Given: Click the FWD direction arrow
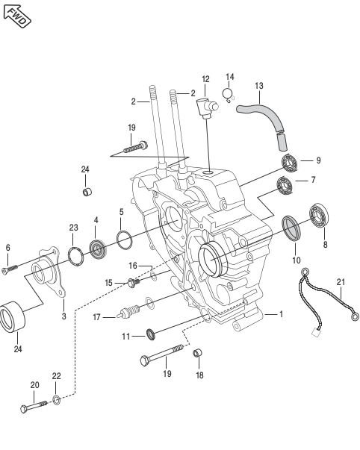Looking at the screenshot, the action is click(16, 16).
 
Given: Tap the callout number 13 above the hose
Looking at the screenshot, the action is click(259, 86).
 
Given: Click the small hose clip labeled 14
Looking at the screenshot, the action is click(228, 96).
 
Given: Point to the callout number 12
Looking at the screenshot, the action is click(205, 79).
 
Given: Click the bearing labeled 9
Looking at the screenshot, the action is click(291, 163).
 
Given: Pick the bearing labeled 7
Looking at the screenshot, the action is click(285, 185).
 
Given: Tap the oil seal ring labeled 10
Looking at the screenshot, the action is click(291, 228).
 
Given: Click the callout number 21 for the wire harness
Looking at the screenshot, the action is click(341, 282).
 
